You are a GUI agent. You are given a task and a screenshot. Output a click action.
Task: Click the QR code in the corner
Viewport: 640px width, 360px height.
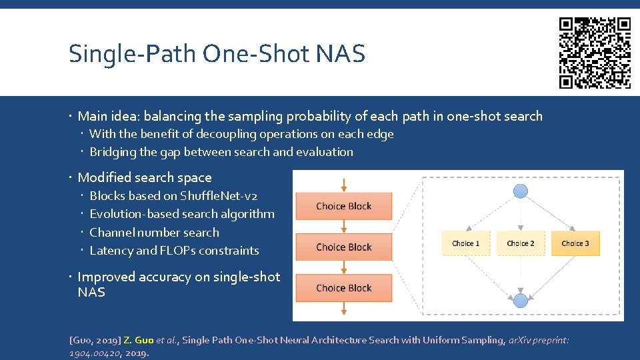(x=595, y=53)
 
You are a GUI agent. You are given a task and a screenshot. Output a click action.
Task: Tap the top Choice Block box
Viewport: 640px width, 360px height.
(x=344, y=206)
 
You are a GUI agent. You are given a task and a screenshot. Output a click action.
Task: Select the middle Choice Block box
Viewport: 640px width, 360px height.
(x=344, y=247)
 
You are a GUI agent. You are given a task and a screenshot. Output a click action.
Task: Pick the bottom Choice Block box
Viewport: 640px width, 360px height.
(x=344, y=288)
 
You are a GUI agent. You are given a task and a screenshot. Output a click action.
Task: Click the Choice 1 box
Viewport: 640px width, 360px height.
(x=465, y=243)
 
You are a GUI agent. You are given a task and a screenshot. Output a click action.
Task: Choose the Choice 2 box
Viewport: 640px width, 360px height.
(x=520, y=243)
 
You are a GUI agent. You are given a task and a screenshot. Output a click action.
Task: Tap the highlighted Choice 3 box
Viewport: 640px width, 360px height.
(x=575, y=243)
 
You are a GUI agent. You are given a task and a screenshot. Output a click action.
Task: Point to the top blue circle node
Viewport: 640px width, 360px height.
(x=520, y=192)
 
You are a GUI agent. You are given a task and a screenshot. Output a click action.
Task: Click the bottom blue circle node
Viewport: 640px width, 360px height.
(x=520, y=300)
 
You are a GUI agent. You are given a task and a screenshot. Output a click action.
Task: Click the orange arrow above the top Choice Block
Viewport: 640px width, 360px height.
(x=344, y=185)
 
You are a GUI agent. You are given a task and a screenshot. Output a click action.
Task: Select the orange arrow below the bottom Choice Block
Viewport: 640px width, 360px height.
(x=344, y=307)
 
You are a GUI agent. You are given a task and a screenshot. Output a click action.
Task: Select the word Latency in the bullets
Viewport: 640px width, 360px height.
(x=111, y=251)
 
